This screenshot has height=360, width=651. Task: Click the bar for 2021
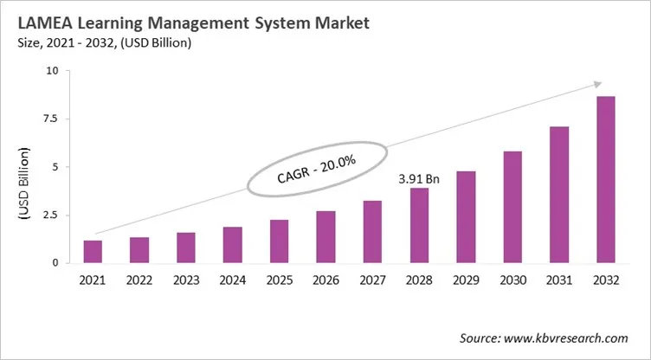tap(93, 251)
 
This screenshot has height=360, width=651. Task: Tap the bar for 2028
tap(419, 225)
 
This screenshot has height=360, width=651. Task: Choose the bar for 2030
tap(512, 207)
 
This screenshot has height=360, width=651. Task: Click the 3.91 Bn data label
tap(419, 179)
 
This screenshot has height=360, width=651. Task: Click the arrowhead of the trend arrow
tap(596, 85)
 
